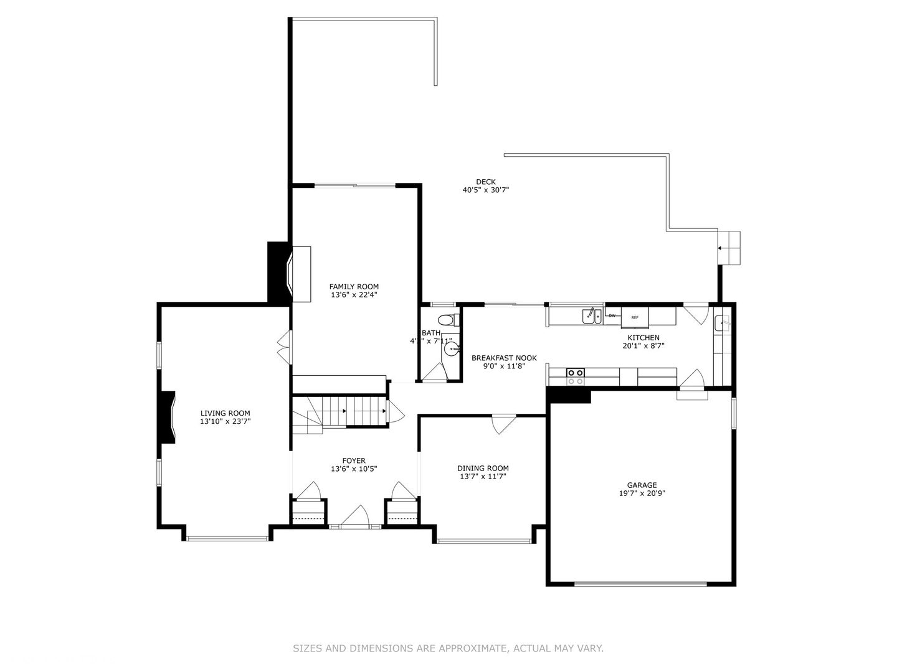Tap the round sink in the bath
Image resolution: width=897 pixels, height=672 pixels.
click(x=451, y=349)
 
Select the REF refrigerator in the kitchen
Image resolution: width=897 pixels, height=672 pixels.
click(x=635, y=317)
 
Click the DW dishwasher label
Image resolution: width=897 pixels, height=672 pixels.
click(x=612, y=315)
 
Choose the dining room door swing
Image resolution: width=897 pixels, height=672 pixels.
click(x=503, y=424)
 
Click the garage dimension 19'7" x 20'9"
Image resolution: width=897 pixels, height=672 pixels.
click(x=642, y=493)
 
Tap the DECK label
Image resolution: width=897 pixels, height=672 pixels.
click(x=486, y=182)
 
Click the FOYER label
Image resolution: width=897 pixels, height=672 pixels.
click(x=354, y=461)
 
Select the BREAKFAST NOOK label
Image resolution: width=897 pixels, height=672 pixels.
click(x=504, y=358)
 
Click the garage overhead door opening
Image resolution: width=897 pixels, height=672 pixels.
click(x=640, y=584)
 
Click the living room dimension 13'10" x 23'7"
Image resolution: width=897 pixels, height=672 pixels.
click(x=225, y=421)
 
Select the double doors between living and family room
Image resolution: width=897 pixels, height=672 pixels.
click(x=285, y=347)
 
